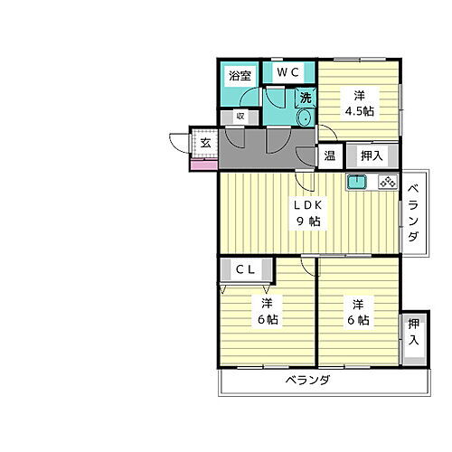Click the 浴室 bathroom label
tap(240, 76)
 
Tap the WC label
tap(289, 71)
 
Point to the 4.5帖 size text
tap(359, 110)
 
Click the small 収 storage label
tap(240, 116)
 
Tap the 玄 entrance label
tap(206, 143)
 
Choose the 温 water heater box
tap(330, 155)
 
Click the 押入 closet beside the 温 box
tap(371, 155)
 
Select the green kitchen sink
tap(356, 182)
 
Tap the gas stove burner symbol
tap(388, 182)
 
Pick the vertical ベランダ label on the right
tap(412, 213)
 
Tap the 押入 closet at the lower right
tap(413, 332)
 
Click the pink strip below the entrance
tap(203, 166)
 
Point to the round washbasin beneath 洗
tap(305, 118)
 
